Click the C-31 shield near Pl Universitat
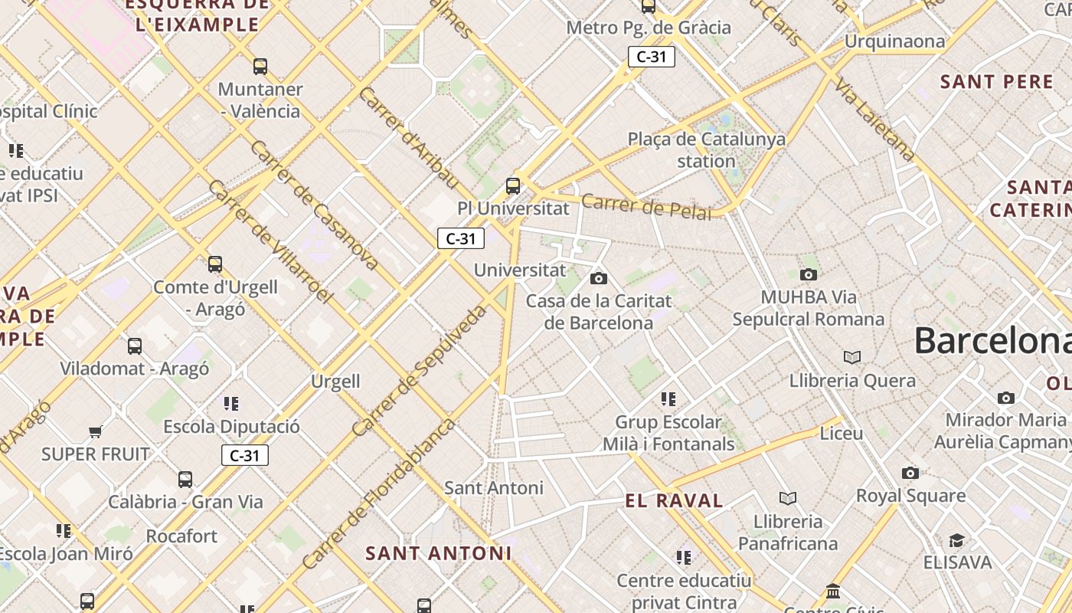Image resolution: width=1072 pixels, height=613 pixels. pos(461,238)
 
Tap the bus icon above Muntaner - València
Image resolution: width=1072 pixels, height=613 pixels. pos(260,67)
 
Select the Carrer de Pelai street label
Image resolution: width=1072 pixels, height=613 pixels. pos(646,206)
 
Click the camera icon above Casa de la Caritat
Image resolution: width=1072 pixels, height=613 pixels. pos(599,278)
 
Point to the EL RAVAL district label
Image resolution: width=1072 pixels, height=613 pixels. pos(674,501)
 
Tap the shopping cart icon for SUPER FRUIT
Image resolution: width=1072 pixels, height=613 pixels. pos(96,432)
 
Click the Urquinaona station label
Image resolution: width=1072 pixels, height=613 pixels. pos(894,41)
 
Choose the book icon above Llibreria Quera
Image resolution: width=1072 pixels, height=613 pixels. pos(851,358)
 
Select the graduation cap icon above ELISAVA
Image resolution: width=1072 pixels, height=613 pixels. pos(956,540)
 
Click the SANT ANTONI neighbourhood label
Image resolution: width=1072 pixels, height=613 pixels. pos(438,553)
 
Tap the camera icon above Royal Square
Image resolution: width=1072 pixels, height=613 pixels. pos(910,473)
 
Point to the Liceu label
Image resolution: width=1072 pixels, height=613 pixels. pos(841,434)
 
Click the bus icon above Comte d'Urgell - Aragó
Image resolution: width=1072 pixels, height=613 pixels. pos(215,264)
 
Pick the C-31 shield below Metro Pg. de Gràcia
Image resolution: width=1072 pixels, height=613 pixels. pos(651,57)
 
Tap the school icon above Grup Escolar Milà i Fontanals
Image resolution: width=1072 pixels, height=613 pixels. pos(668,399)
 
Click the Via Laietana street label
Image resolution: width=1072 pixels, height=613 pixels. pos(875,119)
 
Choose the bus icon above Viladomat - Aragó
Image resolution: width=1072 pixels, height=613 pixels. pos(135,346)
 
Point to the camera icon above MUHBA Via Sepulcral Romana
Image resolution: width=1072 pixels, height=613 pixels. pos(808,274)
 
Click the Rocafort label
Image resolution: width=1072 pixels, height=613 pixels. pos(181,536)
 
